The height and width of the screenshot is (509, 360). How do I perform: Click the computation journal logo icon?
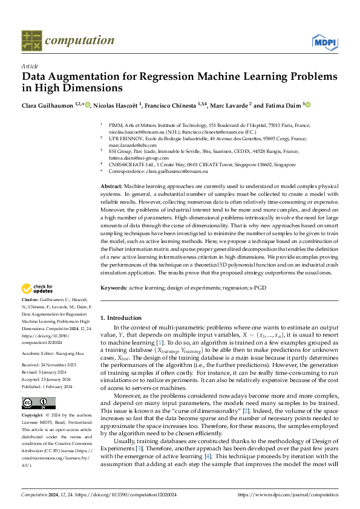tap(31, 40)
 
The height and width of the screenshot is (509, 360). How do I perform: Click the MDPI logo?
tap(324, 41)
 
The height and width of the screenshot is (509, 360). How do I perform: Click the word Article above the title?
tap(29, 66)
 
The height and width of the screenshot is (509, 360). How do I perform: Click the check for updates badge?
tap(38, 289)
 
